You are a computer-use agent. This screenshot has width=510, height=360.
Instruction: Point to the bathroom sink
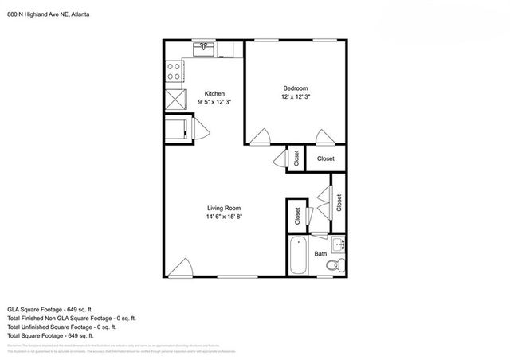click(x=338, y=243)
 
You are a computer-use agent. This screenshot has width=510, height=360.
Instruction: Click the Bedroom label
click(x=295, y=88)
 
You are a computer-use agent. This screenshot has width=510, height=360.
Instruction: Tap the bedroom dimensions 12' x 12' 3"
click(x=295, y=96)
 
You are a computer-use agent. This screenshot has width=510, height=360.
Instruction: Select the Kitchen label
click(x=215, y=93)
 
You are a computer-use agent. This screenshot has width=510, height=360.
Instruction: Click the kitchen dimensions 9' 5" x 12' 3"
click(x=215, y=102)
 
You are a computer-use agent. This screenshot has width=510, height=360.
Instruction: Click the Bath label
click(x=320, y=254)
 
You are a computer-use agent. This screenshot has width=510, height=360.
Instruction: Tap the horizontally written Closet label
click(x=326, y=159)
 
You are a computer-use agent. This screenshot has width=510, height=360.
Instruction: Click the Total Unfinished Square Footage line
click(x=61, y=327)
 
